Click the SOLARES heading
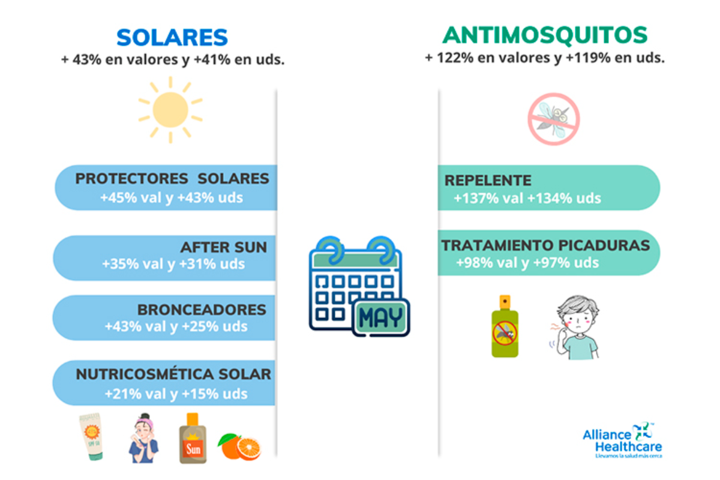click(x=172, y=38)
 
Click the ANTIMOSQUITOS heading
click(x=545, y=35)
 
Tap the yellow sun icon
click(x=170, y=110)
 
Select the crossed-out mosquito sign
click(x=553, y=119)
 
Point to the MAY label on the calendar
click(x=381, y=317)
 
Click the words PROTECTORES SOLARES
click(x=172, y=179)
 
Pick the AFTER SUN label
click(x=224, y=247)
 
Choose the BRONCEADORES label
click(x=202, y=310)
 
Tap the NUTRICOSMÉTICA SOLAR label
click(x=173, y=374)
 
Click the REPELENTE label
click(x=488, y=181)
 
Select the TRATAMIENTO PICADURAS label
click(x=545, y=245)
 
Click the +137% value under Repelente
click(x=476, y=199)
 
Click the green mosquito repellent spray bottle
click(x=505, y=326)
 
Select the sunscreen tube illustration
click(x=92, y=437)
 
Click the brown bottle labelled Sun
click(x=193, y=438)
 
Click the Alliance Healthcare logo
click(x=622, y=440)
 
